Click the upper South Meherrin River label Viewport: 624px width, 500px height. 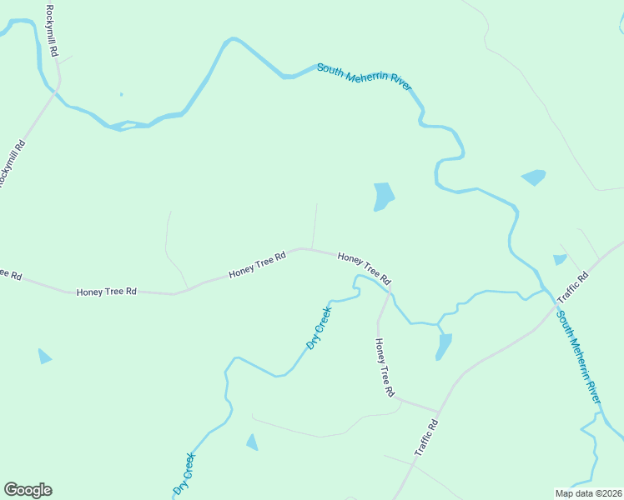pos(365,76)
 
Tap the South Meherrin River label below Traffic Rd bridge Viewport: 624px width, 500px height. pos(578,357)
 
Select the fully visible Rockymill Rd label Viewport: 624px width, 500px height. pos(53,30)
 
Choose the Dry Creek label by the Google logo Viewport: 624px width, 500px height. pos(184,472)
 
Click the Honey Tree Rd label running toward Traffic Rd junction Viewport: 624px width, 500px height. pos(384,367)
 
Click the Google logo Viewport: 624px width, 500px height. pos(28,490)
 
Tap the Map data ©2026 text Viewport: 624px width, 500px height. pos(588,493)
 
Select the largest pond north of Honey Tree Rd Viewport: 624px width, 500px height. pos(383,196)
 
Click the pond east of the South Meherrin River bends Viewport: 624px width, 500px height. pos(533,177)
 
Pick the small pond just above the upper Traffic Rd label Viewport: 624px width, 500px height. pos(560,260)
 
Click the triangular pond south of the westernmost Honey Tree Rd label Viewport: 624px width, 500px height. pos(44,357)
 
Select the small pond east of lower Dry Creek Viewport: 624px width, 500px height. pos(252,442)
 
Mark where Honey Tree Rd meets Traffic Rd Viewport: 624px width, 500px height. pos(438,412)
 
